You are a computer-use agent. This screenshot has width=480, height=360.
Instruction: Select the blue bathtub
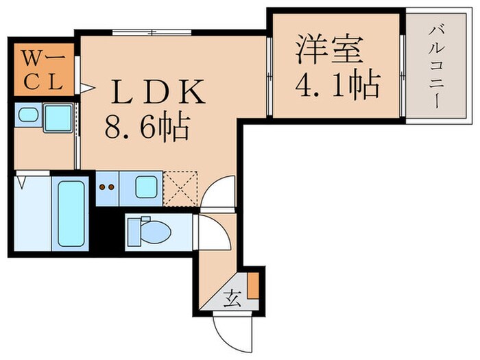click(x=71, y=213)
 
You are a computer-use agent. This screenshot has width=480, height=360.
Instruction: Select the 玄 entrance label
click(x=232, y=298)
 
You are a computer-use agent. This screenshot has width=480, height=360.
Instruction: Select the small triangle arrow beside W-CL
click(x=86, y=87)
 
